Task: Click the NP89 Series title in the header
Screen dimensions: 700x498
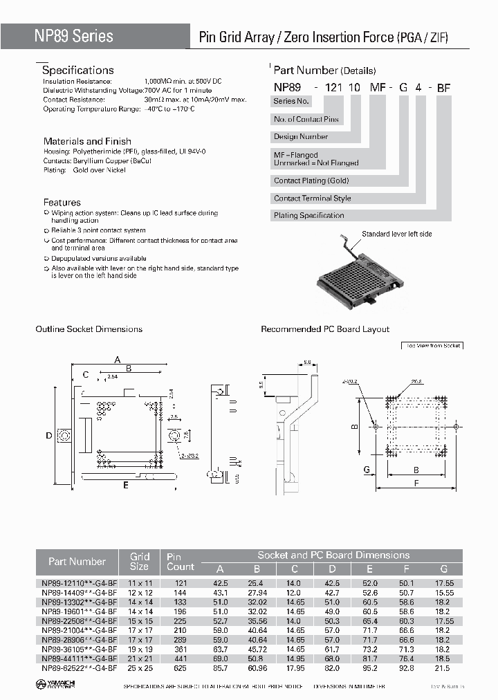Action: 74,36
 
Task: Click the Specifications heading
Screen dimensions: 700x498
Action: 77,71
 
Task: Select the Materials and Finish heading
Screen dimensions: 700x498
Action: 87,141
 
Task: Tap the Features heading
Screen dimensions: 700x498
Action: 62,202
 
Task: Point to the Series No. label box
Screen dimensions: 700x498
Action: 290,101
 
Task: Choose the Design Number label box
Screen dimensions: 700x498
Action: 301,136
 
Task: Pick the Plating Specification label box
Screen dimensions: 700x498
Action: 308,215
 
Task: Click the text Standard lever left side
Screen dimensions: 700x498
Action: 396,234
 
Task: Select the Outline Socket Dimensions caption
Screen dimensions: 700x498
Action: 89,329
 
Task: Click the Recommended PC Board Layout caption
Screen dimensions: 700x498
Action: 324,329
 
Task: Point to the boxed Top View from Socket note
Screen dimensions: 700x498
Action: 432,345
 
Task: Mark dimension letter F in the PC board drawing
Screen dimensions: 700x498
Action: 416,485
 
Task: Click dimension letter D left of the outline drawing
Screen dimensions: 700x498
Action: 48,436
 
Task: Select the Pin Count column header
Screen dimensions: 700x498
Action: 181,562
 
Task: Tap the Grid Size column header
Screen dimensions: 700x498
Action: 139,562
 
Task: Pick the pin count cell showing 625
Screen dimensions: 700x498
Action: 180,668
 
